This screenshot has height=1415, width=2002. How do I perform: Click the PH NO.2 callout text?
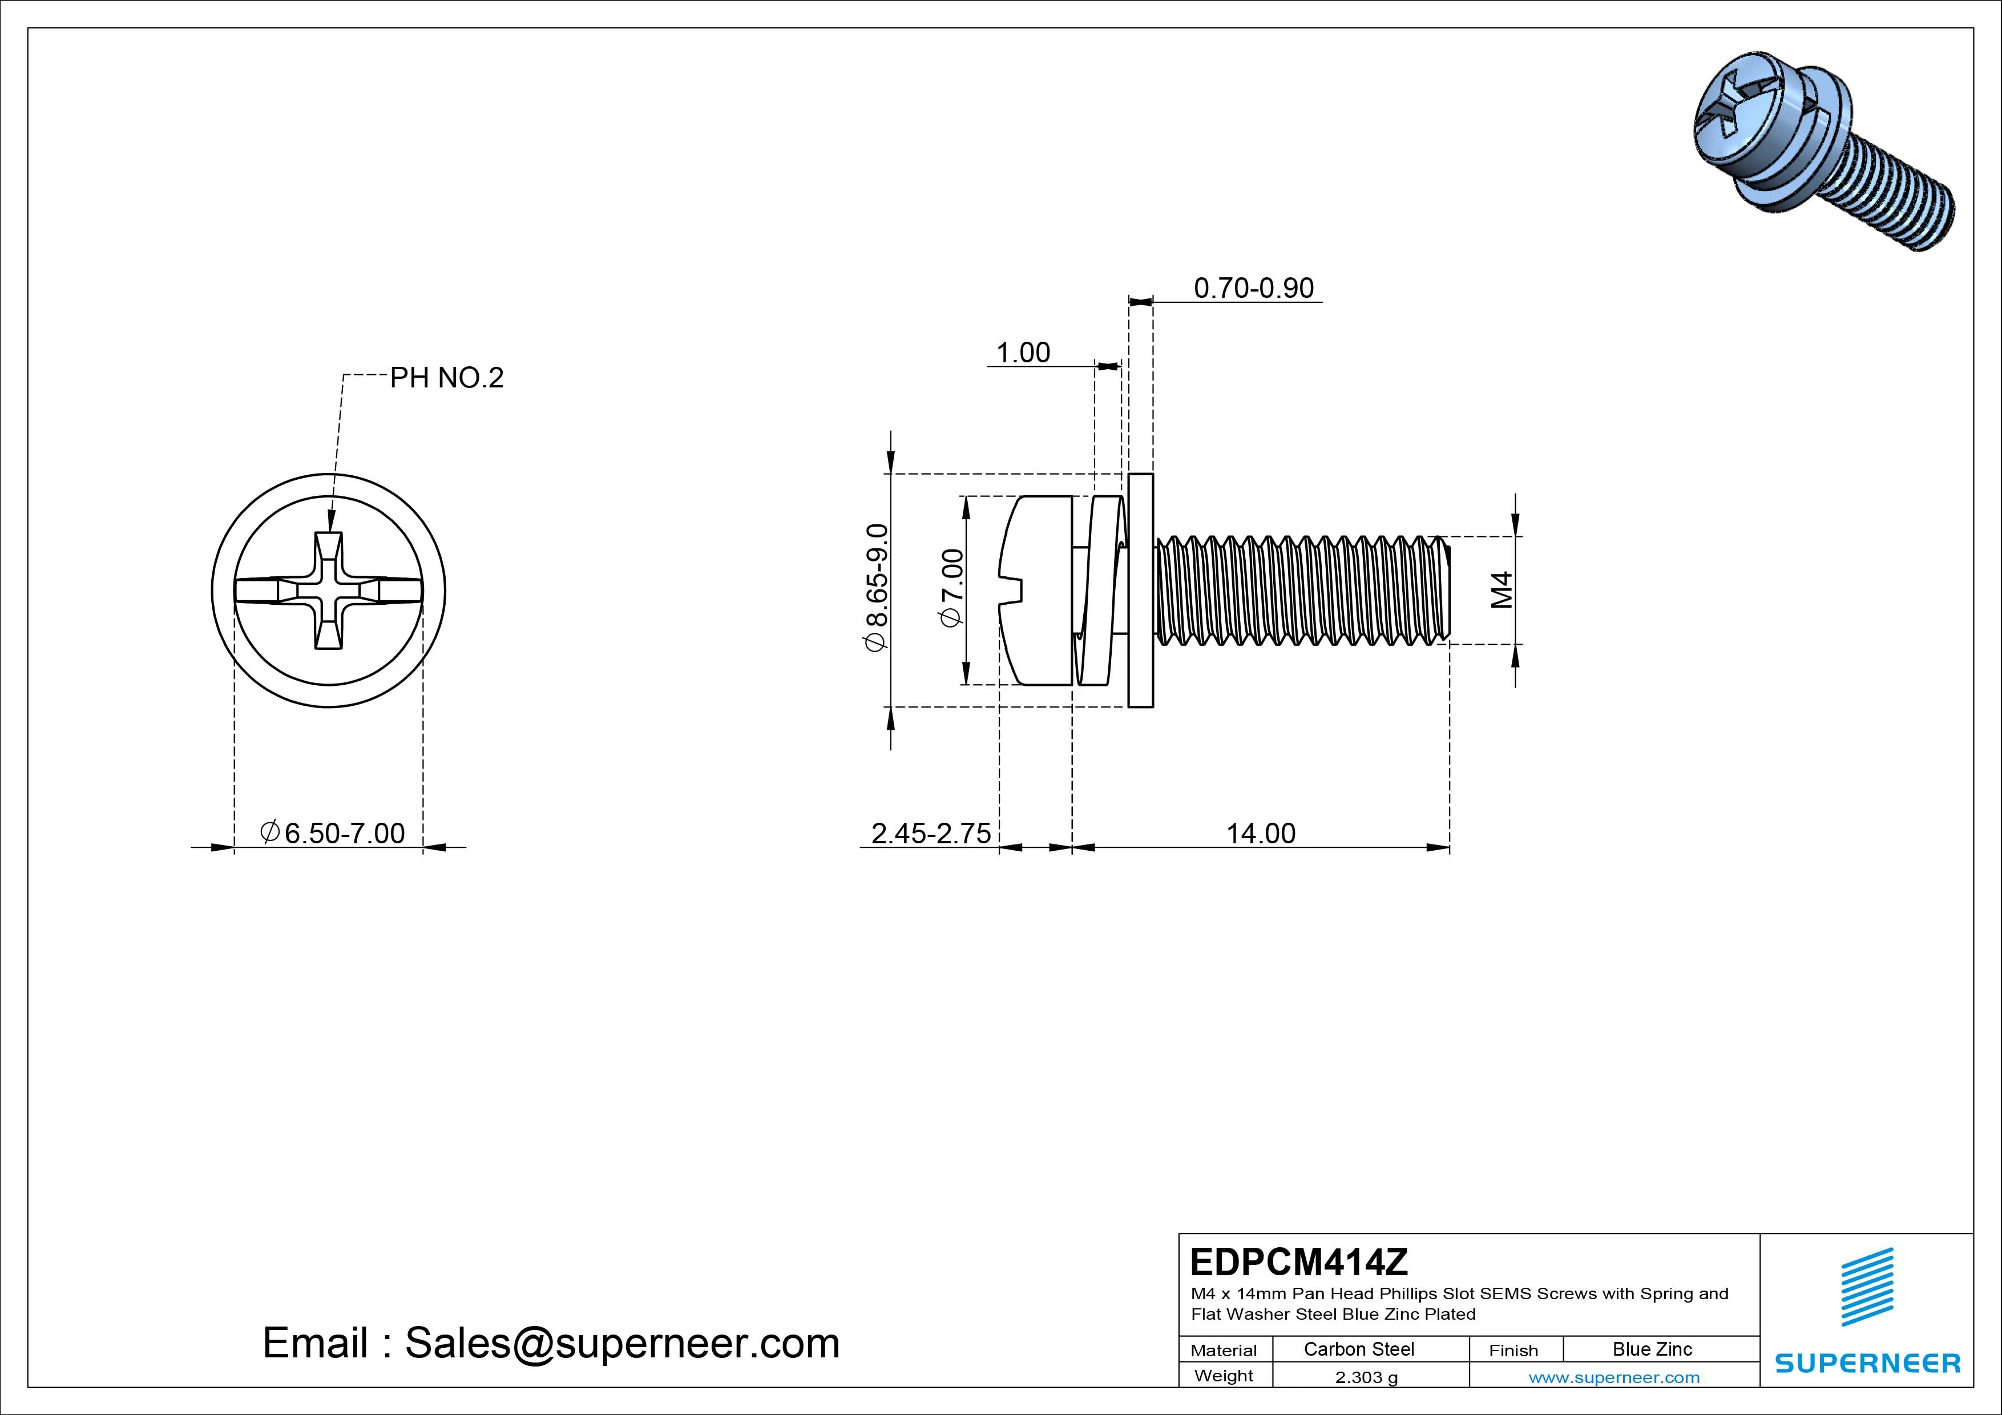[x=446, y=378]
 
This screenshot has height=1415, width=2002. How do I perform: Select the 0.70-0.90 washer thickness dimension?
[x=1253, y=288]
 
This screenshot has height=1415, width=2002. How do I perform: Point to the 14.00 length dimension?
[x=1261, y=834]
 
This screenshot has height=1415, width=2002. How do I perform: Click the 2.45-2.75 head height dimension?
[x=930, y=834]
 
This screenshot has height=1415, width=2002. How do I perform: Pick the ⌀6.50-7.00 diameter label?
[x=333, y=834]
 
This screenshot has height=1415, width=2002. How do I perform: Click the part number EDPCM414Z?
[x=1298, y=1262]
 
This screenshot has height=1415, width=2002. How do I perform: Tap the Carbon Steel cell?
[x=1358, y=1349]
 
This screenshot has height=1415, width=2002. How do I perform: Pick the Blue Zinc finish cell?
[x=1652, y=1349]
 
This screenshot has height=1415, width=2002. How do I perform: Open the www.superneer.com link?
[x=1613, y=1377]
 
